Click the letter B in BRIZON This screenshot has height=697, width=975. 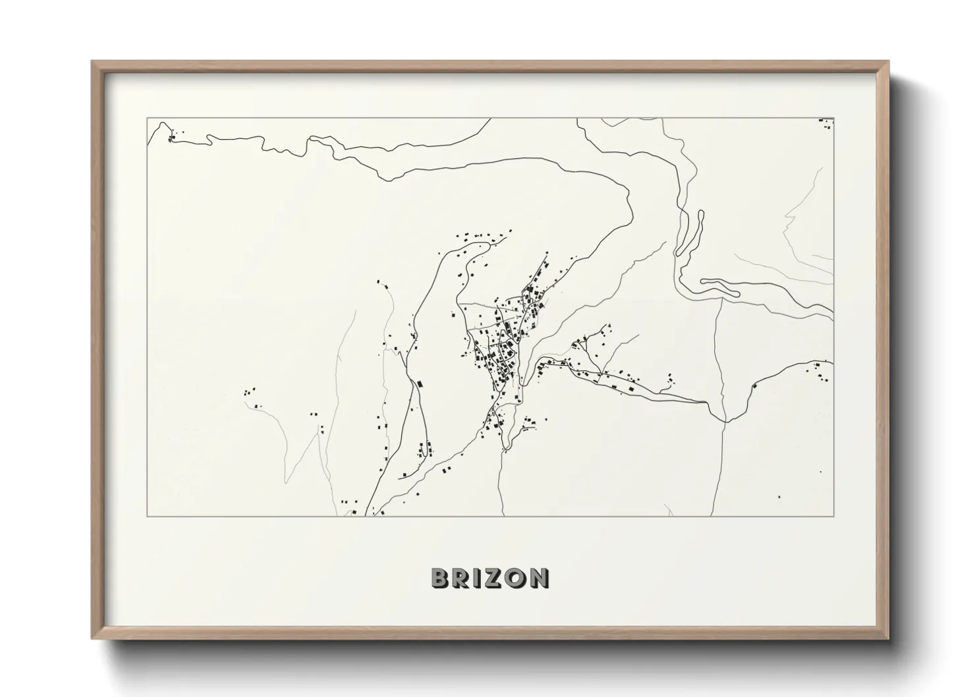[440, 578]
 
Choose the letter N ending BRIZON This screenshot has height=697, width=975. [538, 578]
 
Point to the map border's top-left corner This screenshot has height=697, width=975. [147, 119]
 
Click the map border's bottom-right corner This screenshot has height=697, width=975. [834, 516]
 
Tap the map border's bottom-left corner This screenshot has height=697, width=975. [147, 516]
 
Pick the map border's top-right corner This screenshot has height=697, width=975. [834, 119]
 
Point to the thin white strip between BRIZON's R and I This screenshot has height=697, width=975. [472, 578]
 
